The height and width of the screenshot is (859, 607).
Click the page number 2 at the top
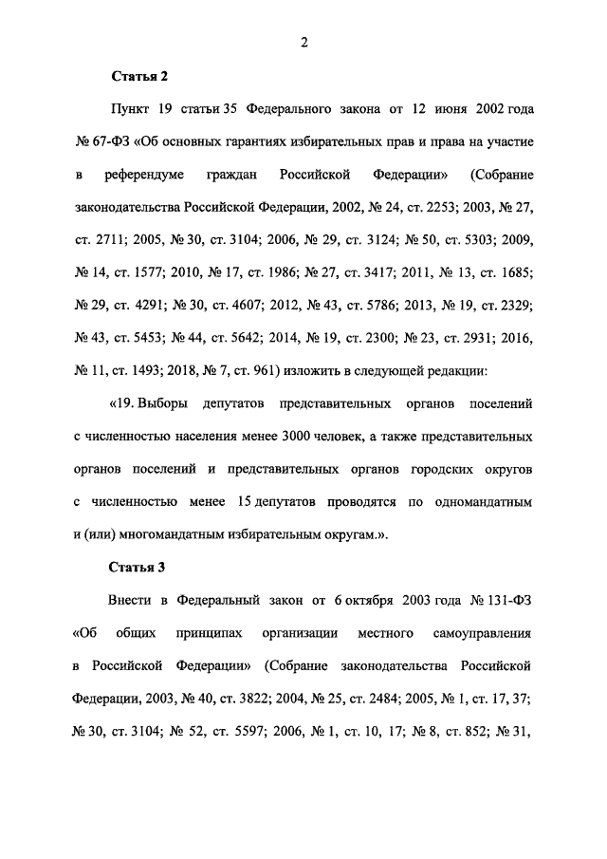coord(303,41)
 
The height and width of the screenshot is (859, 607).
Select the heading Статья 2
coord(138,76)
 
